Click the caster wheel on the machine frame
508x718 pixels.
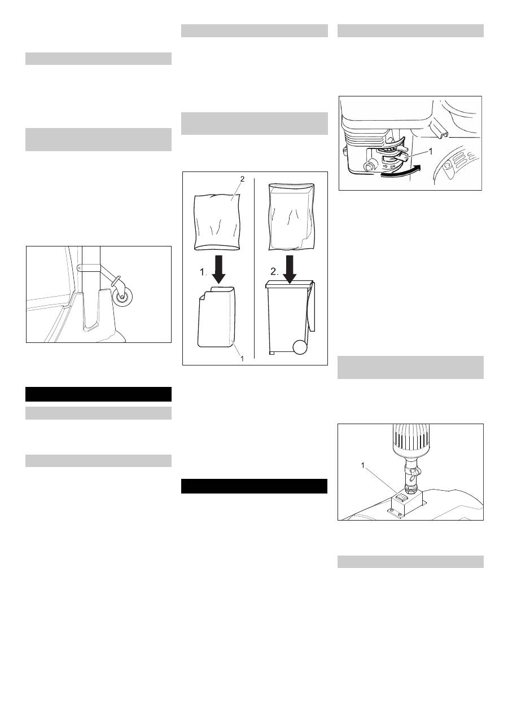pyautogui.click(x=122, y=297)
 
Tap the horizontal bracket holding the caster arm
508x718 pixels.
pyautogui.click(x=90, y=268)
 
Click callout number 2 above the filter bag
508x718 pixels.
pyautogui.click(x=242, y=179)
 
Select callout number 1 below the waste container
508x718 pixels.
pyautogui.click(x=242, y=358)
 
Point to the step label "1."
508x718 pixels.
pyautogui.click(x=203, y=272)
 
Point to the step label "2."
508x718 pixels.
pyautogui.click(x=274, y=272)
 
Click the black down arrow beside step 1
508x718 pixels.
pyautogui.click(x=219, y=270)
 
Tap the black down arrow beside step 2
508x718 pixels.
pyautogui.click(x=290, y=270)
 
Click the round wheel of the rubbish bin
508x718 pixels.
pyautogui.click(x=300, y=347)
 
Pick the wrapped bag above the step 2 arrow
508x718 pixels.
pyautogui.click(x=291, y=216)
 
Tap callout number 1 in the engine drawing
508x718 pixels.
pyautogui.click(x=431, y=151)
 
